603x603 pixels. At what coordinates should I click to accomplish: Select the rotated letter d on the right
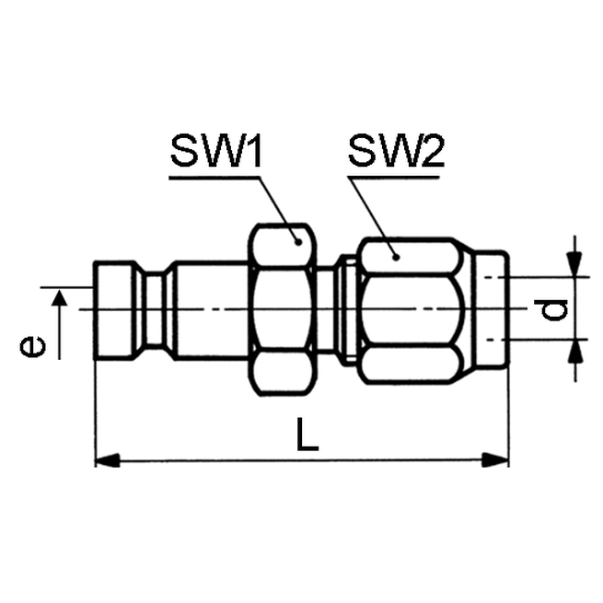click(x=553, y=311)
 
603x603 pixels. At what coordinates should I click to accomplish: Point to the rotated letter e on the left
click(x=33, y=346)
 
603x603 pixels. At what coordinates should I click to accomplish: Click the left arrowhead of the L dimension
click(x=107, y=459)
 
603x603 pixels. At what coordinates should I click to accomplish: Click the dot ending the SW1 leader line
click(x=297, y=241)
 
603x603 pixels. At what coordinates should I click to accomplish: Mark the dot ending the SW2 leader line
click(x=396, y=255)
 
